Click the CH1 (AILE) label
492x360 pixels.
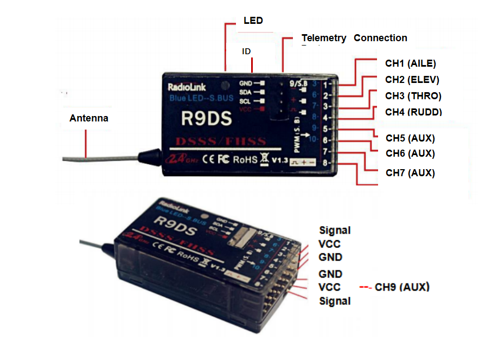410,63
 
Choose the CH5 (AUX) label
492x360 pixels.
410,138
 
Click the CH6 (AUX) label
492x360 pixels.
410,153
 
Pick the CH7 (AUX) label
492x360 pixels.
410,173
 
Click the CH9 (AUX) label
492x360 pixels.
402,286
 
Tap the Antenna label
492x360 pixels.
89,118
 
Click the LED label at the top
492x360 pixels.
253,21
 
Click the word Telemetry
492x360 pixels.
324,38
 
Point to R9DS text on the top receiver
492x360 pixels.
207,118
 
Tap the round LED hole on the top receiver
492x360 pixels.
225,85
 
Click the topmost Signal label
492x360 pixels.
334,230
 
